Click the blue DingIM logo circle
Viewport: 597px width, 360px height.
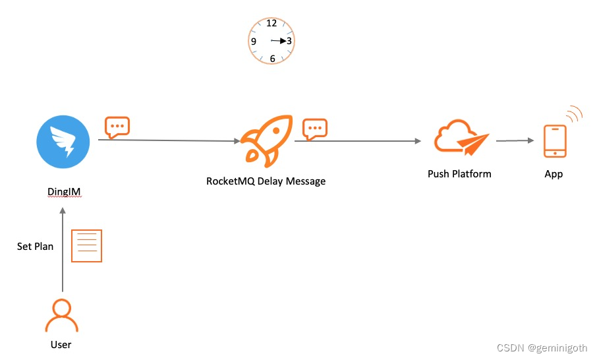(63, 141)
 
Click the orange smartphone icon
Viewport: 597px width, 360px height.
(555, 141)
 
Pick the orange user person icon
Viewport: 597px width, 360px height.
(61, 316)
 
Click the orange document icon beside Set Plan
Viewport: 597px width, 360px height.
(86, 246)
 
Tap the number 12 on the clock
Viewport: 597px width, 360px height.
(271, 24)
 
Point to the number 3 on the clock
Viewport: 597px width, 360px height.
(289, 41)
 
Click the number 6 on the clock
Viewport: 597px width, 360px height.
(272, 59)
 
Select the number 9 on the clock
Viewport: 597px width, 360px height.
(254, 42)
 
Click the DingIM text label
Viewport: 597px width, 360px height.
(63, 192)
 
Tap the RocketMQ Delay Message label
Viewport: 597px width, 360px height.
(266, 181)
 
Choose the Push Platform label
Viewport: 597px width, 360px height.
(459, 174)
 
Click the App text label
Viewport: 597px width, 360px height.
(554, 174)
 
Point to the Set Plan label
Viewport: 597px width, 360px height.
(35, 246)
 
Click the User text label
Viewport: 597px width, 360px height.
(61, 344)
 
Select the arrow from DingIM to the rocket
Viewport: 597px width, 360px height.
(168, 140)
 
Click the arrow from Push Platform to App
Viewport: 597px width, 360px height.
(515, 140)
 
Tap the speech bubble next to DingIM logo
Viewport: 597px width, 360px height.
(117, 127)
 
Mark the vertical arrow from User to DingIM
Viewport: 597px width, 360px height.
(63, 251)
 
